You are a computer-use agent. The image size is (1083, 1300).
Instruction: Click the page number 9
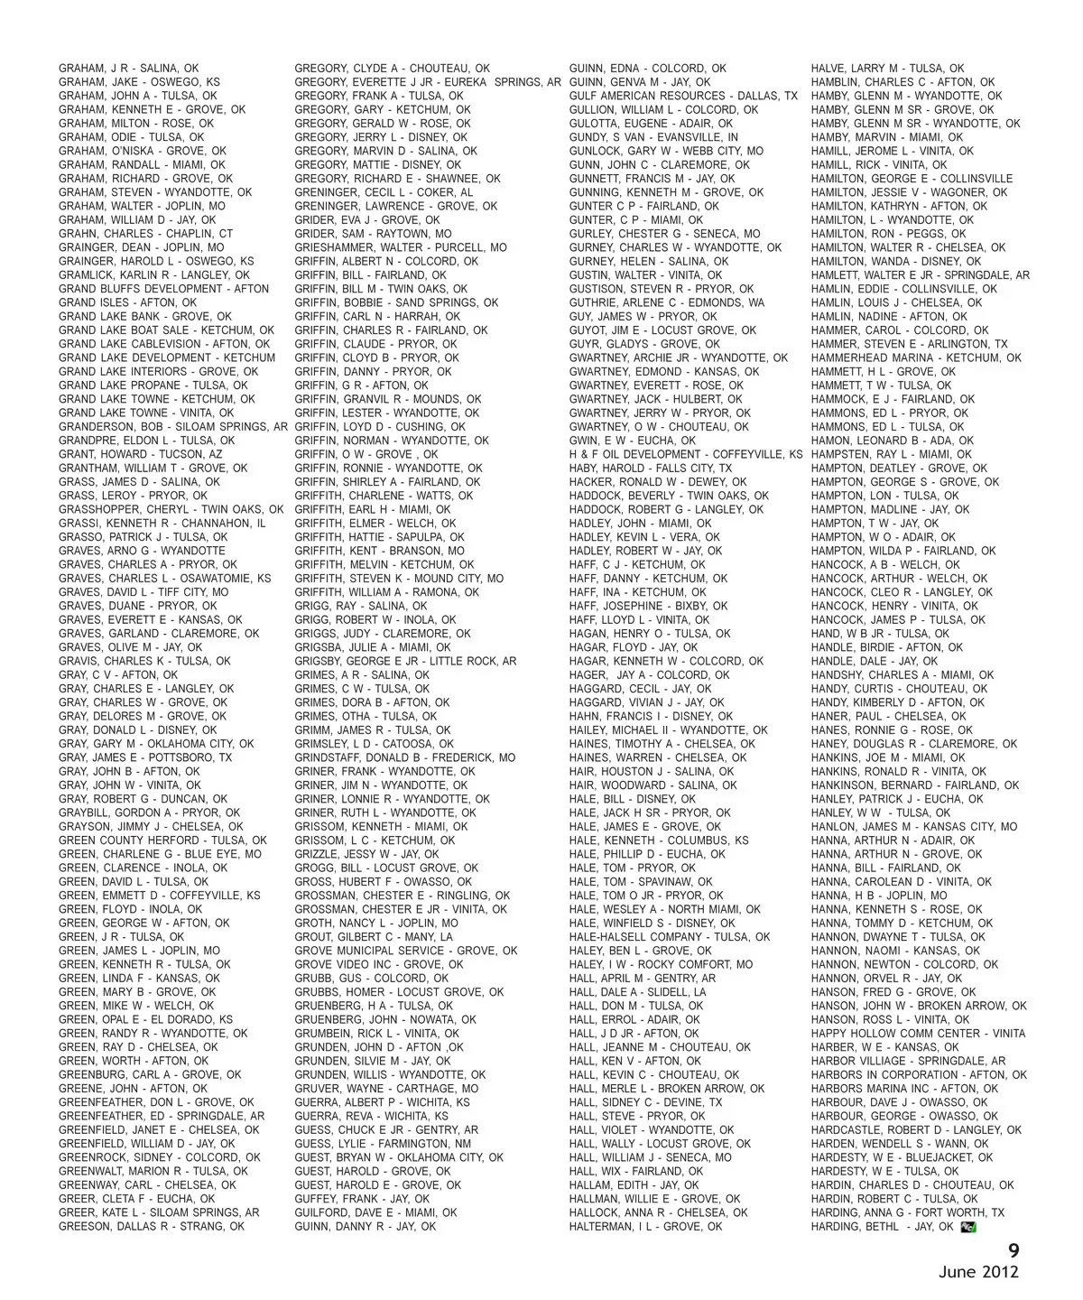click(1013, 1250)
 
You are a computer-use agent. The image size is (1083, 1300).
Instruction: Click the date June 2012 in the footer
click(978, 1272)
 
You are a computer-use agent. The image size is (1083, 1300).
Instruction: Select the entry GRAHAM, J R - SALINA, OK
click(129, 69)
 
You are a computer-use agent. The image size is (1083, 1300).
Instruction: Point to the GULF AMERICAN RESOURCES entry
click(683, 96)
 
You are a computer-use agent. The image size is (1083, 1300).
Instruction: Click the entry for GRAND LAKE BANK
click(145, 317)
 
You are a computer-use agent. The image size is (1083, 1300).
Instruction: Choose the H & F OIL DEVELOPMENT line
click(685, 455)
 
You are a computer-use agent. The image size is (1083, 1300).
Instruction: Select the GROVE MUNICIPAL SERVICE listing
click(405, 951)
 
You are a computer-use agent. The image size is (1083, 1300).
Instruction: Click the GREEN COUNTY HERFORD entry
click(162, 840)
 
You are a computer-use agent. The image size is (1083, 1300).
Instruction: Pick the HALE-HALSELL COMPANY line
click(670, 937)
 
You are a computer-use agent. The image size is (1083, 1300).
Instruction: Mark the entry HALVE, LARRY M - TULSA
click(887, 69)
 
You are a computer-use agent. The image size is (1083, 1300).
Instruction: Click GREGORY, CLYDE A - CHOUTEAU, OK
click(392, 69)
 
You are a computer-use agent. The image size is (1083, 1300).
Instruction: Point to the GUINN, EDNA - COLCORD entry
click(647, 69)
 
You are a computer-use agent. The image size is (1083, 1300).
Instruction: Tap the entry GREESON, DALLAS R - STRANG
click(152, 1227)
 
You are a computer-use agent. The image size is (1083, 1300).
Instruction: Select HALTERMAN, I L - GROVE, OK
click(645, 1227)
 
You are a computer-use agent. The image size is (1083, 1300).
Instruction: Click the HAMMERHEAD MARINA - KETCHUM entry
click(916, 358)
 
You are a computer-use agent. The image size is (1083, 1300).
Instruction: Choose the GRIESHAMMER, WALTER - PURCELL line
click(400, 247)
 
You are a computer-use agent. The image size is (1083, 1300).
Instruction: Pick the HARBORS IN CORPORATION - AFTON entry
click(919, 1075)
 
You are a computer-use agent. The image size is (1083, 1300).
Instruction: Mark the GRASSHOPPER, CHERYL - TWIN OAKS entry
click(171, 510)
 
